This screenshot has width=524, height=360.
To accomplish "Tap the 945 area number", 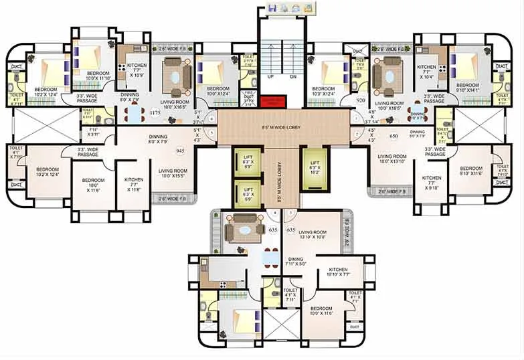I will (x=180, y=151).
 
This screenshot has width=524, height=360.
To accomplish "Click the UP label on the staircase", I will (x=271, y=77).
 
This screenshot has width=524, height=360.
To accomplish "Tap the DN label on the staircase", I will (x=292, y=77).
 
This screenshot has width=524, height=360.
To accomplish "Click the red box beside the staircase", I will (x=273, y=101).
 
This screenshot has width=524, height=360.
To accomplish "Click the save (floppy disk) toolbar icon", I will (x=273, y=8).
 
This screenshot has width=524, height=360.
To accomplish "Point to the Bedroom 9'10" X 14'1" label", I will (x=466, y=88).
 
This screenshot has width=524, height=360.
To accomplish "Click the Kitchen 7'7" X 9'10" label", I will (x=431, y=183).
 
